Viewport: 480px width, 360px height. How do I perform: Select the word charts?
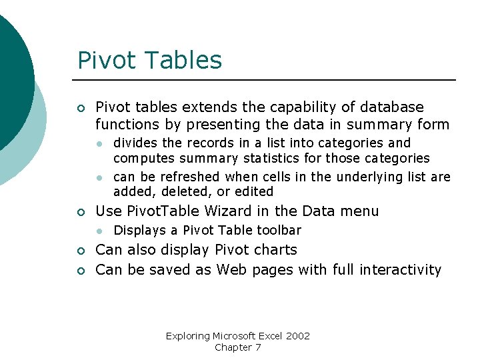pos(275,250)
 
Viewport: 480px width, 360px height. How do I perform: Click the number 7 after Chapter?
pos(258,347)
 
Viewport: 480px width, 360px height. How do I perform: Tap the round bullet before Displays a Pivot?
pos(98,231)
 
